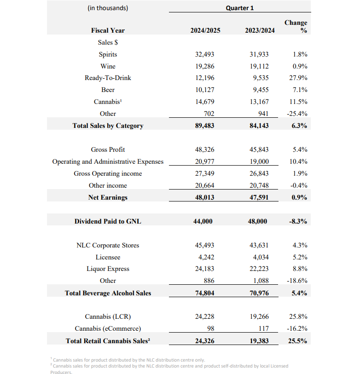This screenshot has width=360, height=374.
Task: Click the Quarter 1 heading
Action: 240,8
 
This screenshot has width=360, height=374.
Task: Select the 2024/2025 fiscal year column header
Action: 205,31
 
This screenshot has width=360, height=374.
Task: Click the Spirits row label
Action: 108,54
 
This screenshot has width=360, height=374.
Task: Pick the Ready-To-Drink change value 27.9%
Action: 298,78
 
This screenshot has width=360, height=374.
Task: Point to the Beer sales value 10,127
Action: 205,90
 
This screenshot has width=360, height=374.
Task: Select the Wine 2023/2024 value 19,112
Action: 260,66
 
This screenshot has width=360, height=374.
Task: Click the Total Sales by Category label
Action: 108,126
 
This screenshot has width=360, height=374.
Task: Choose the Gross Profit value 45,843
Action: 260,150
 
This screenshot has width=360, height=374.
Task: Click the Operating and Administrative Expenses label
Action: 108,161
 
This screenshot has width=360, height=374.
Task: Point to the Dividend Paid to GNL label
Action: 108,221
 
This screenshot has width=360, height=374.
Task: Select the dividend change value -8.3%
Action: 298,221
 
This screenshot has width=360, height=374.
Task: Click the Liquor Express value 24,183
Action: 205,269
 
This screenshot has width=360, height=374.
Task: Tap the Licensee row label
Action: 108,257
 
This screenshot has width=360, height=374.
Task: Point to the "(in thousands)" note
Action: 107,8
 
